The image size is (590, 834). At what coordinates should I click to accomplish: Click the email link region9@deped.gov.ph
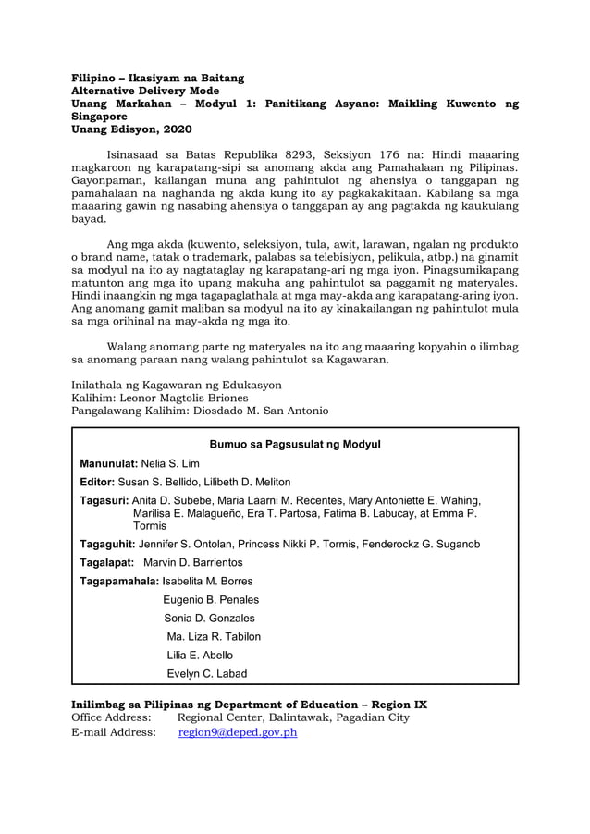tap(238, 732)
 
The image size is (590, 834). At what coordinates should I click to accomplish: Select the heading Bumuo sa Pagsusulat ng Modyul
tap(295, 444)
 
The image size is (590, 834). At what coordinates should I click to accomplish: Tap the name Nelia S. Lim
tap(170, 463)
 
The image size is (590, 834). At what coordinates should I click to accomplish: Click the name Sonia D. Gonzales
tap(209, 619)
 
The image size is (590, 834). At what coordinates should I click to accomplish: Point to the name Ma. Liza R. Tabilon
tap(214, 637)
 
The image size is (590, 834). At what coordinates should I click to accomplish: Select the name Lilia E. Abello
tap(200, 656)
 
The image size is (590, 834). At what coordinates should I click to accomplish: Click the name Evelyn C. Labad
tap(206, 674)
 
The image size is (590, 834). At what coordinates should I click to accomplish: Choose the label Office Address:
tap(111, 717)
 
